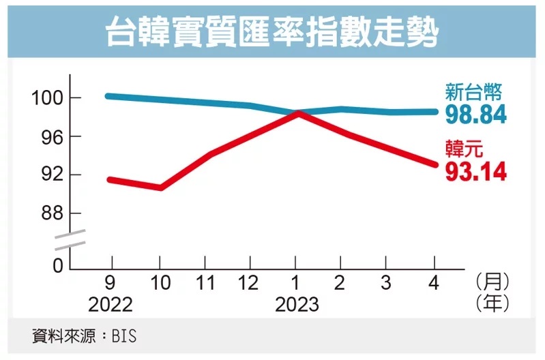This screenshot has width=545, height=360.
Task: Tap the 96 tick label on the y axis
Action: (x=53, y=137)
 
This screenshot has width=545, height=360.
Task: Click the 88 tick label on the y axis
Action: (x=53, y=213)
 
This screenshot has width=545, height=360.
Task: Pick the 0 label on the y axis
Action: (x=59, y=266)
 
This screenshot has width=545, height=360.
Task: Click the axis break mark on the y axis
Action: (x=70, y=240)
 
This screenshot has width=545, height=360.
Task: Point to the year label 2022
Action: (x=110, y=303)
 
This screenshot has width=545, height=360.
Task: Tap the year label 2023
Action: (x=297, y=303)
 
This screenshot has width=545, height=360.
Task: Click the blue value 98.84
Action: (x=475, y=115)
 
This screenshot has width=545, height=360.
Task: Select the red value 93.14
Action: (x=475, y=172)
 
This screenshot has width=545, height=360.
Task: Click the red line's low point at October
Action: (x=160, y=187)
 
